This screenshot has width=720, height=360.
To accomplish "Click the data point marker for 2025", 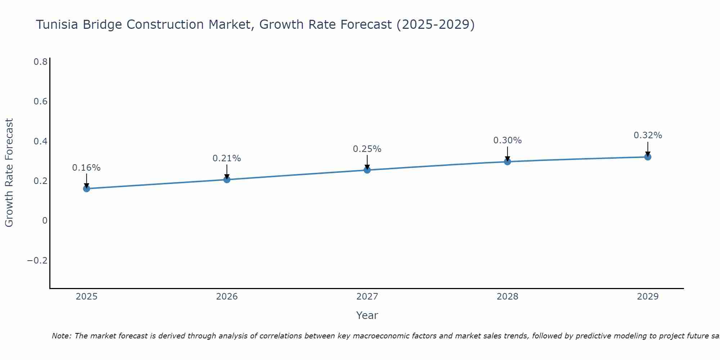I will (x=86, y=188).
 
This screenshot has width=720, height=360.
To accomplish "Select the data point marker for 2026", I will (x=227, y=179).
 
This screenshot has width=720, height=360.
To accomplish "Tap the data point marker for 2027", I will (x=367, y=170).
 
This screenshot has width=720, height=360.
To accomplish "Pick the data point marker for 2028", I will (x=507, y=161).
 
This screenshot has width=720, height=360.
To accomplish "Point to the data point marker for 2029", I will (x=648, y=157).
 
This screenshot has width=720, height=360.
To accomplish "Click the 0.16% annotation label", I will (x=86, y=168).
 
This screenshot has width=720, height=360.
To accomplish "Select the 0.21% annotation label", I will (x=227, y=158).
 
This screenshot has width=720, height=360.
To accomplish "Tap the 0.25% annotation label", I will (x=367, y=149).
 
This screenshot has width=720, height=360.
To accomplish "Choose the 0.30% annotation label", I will (x=507, y=140).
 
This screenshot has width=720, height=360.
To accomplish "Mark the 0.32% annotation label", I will (x=648, y=135).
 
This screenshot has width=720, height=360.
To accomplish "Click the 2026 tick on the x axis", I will (x=227, y=297).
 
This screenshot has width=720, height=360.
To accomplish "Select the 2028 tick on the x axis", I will (x=507, y=297).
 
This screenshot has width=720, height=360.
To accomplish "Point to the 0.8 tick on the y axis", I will (x=40, y=62).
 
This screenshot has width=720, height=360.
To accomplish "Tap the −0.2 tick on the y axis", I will (x=37, y=260).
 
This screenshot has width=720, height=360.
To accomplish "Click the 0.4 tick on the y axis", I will (x=40, y=141).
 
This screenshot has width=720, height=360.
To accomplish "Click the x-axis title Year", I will (x=367, y=315).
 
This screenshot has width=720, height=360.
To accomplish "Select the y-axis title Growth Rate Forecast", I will (x=9, y=173).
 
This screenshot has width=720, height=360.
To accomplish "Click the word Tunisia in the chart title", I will (x=59, y=24).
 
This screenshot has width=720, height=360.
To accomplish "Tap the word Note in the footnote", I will (x=61, y=336).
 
